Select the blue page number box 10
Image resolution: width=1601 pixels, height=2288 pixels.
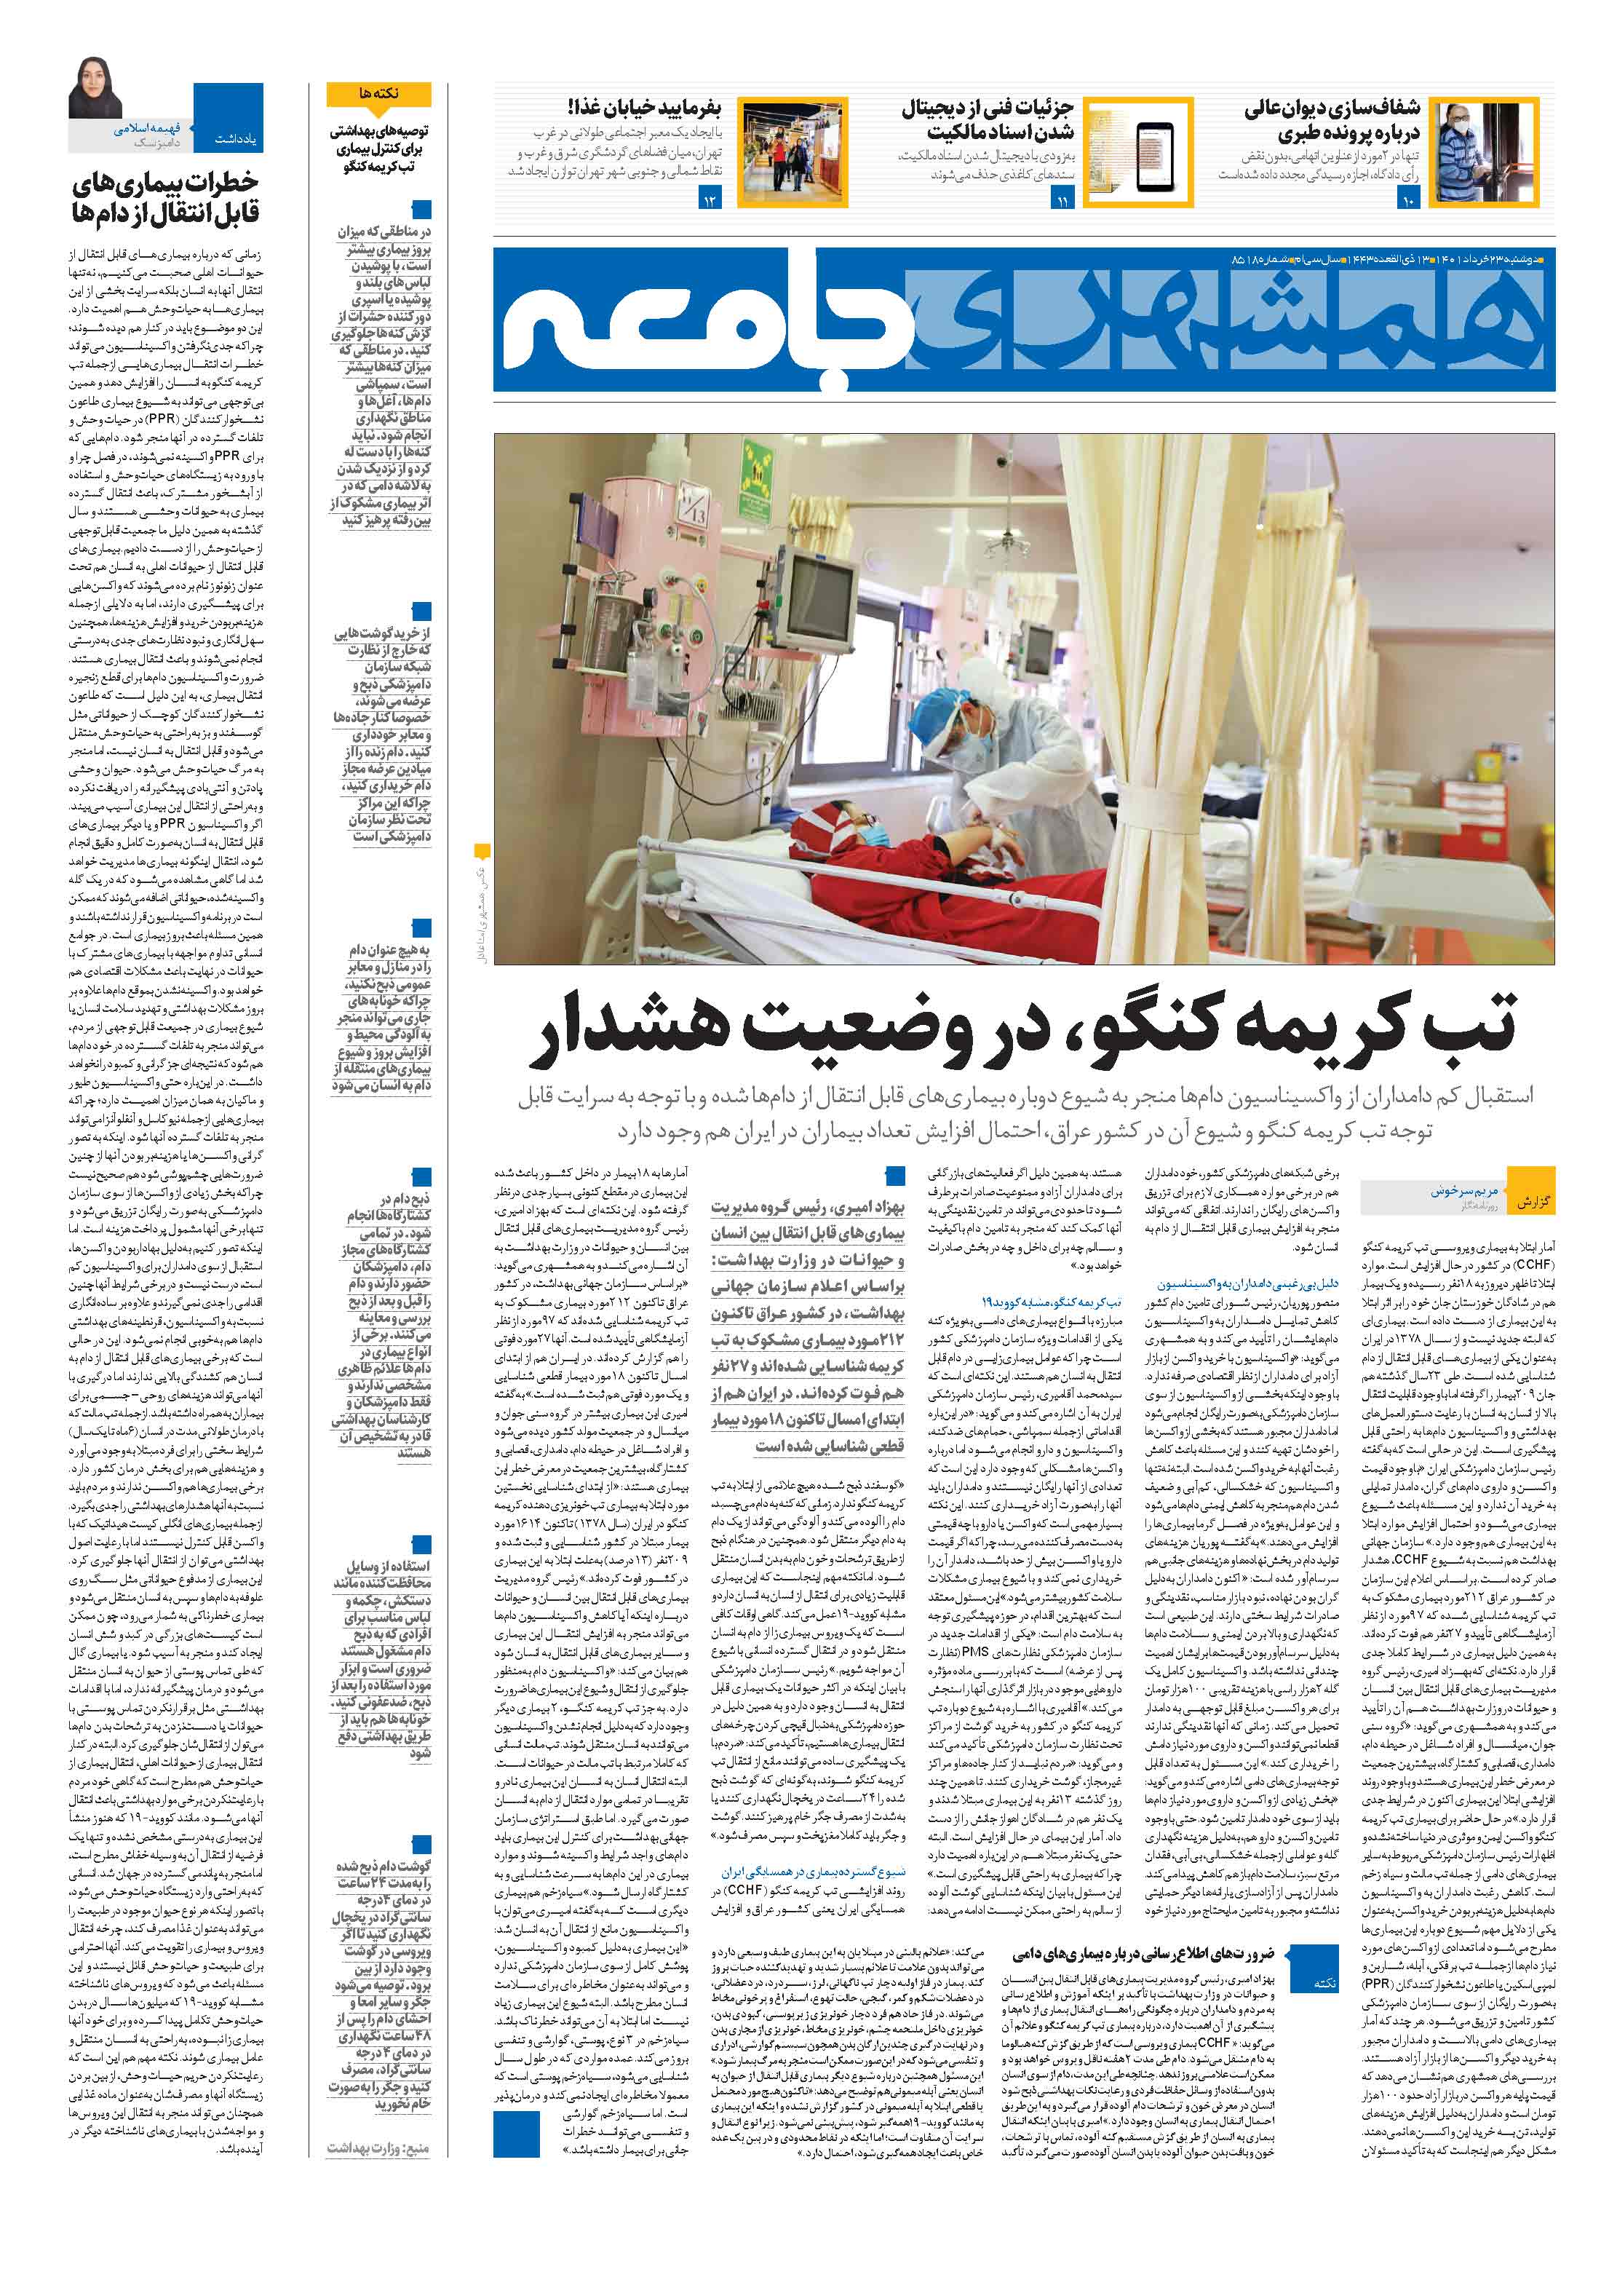[x=1407, y=202]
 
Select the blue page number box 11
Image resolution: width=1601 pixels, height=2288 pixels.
[x=1061, y=202]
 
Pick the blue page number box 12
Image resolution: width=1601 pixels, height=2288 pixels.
[x=710, y=202]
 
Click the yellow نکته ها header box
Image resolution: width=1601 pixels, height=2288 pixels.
[x=378, y=94]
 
